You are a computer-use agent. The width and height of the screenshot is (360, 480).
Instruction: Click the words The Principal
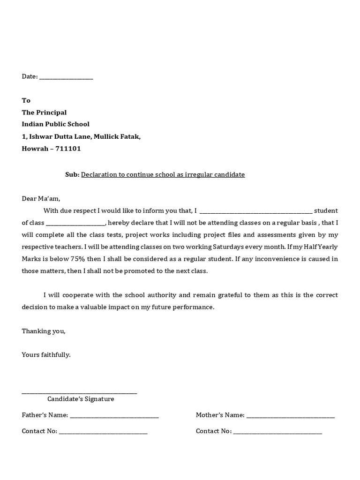pos(44,112)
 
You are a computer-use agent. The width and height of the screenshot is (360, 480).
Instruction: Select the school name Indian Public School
pos(55,124)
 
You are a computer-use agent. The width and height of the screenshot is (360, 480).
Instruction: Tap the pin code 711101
pos(69,149)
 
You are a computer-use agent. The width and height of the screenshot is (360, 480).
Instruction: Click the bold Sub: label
pos(72,174)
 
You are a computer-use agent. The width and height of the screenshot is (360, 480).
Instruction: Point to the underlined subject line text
pos(163,174)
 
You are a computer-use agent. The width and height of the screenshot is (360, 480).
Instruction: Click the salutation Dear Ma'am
pos(41,198)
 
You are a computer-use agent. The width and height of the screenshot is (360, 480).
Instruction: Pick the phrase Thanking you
pos(44,331)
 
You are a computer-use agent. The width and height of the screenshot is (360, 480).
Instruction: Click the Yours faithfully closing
pos(46,355)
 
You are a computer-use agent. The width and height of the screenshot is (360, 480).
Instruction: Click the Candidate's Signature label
pos(81,399)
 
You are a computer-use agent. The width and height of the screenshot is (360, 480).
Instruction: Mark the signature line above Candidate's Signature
pos(80,393)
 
